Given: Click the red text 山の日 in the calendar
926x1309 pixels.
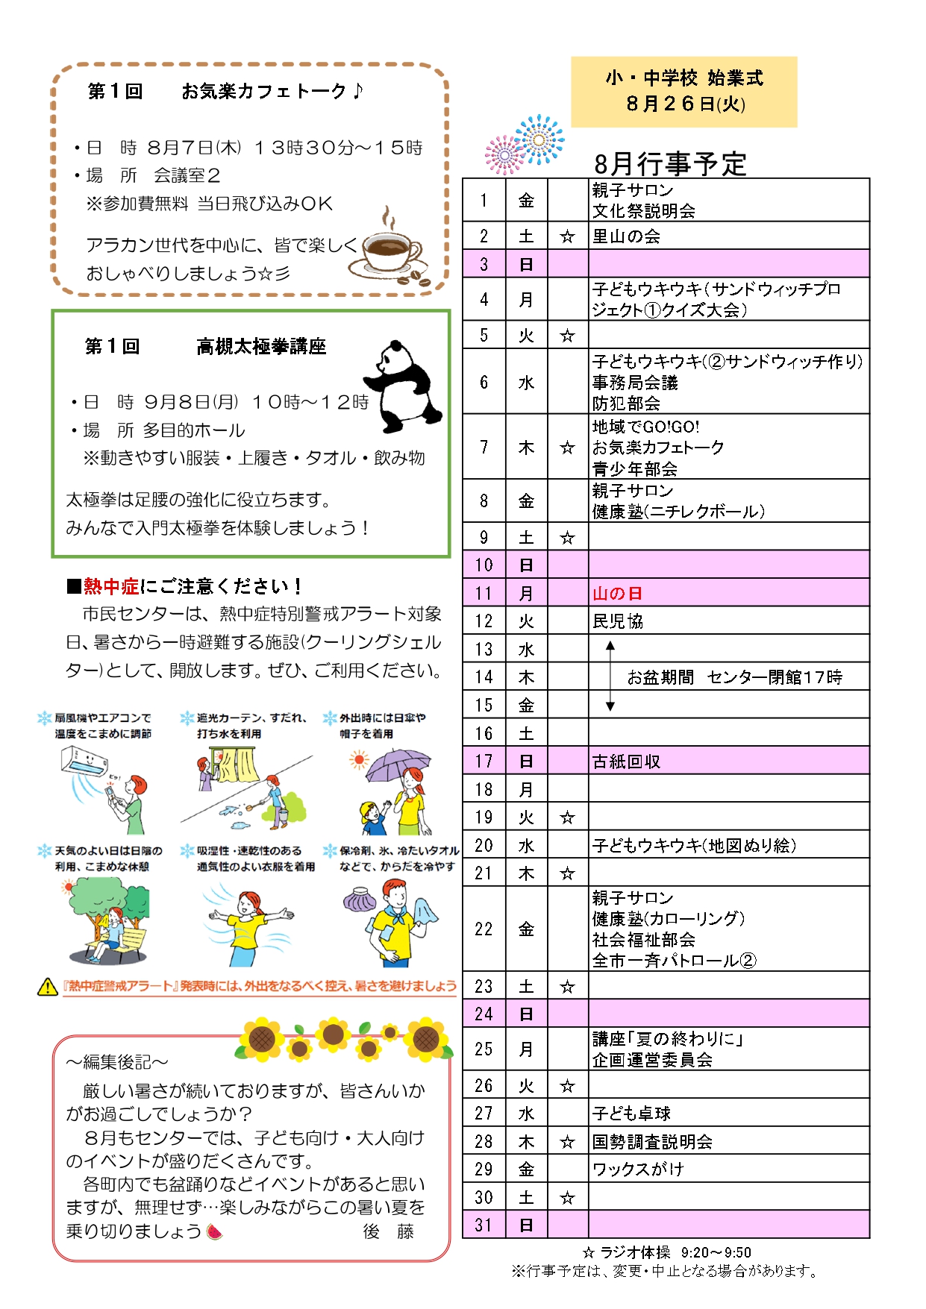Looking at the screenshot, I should coord(617,594).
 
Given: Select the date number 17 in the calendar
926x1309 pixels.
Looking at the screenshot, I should coord(484,762).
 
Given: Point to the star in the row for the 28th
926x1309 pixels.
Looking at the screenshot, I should coord(567,1142).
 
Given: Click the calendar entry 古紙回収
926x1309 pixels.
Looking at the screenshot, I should coord(626,762).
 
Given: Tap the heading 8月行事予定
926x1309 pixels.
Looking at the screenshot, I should coord(669,163).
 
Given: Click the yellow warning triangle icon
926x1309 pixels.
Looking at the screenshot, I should coord(47,987).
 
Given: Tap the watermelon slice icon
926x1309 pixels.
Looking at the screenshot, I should coord(215,1231).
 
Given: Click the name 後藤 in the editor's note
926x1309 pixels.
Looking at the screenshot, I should coord(388,1231).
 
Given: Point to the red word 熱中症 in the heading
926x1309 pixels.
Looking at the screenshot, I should coord(111,586).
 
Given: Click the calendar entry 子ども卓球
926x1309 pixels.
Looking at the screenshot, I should coord(631,1114).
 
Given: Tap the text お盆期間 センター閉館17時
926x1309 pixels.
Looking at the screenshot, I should coord(734,677).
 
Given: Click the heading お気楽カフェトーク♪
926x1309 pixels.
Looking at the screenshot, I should coord(272,91).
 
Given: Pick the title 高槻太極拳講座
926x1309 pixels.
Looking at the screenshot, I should coord(261,346).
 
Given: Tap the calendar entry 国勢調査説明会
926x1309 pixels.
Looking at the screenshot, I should coord(651,1142).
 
